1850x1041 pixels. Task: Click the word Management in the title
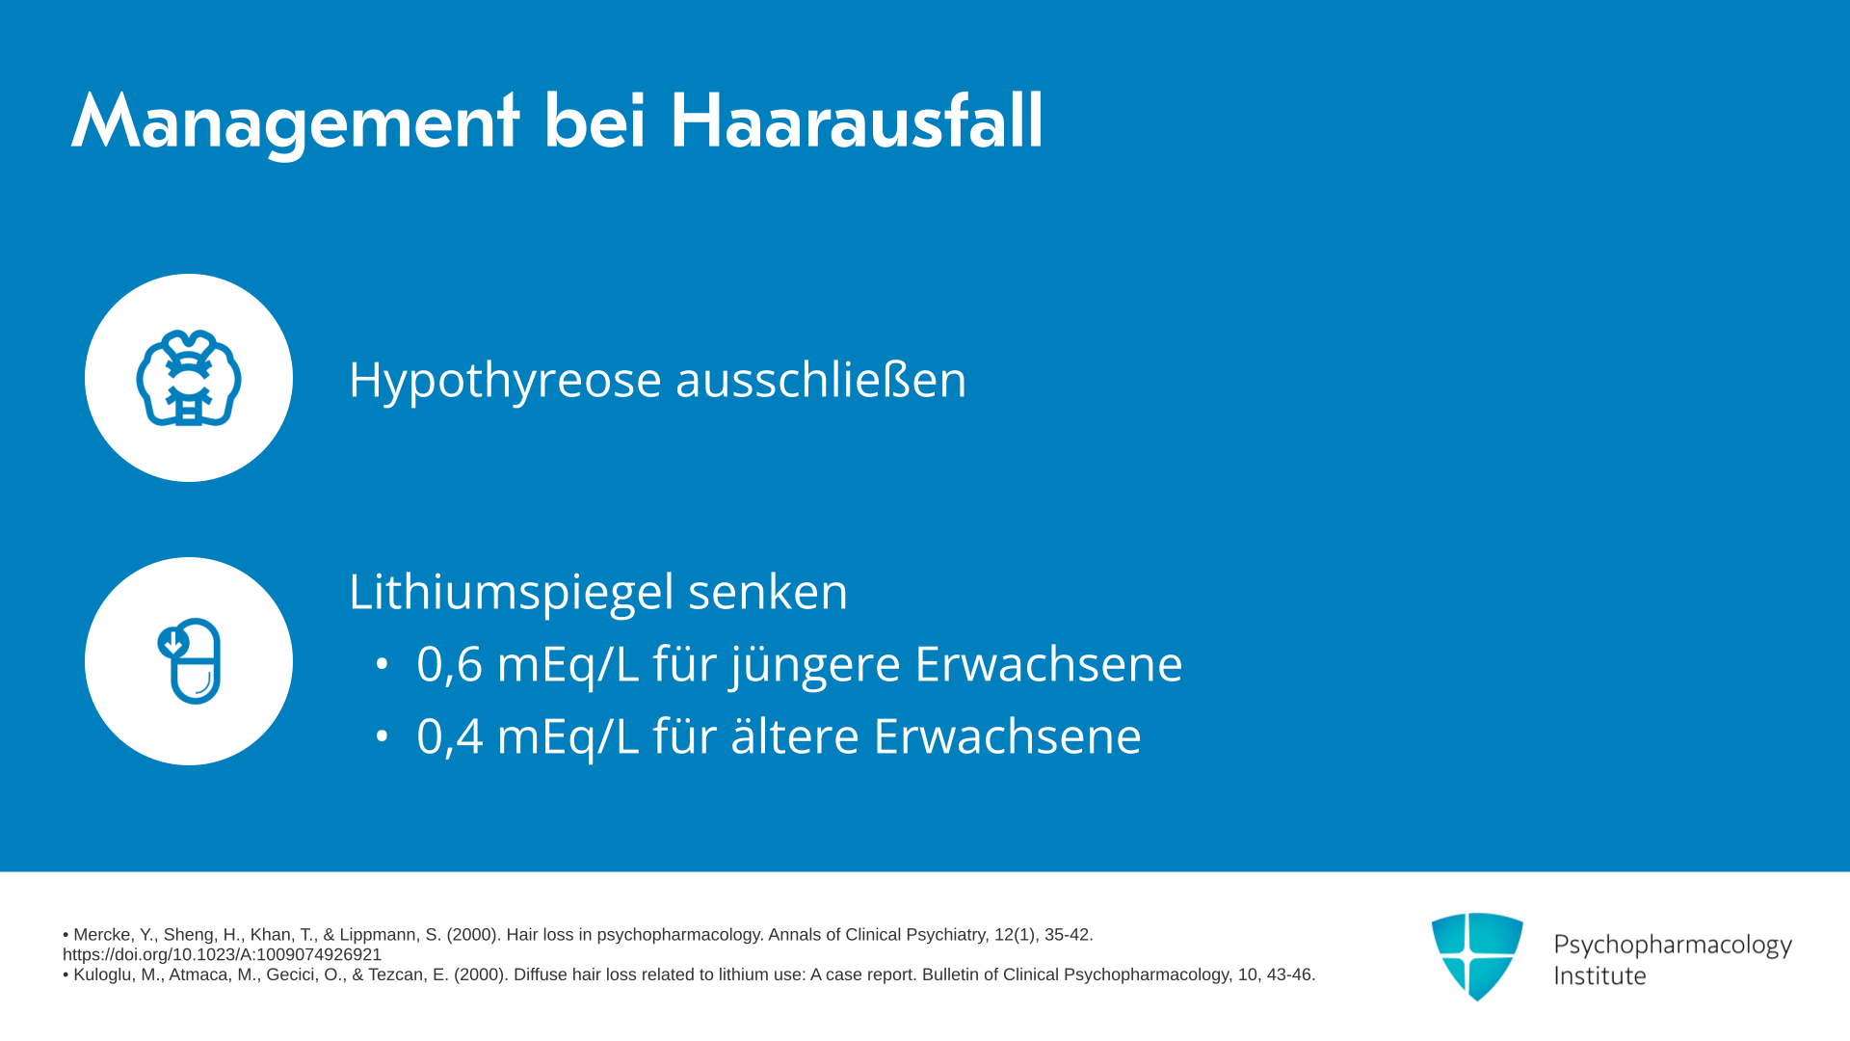click(x=296, y=122)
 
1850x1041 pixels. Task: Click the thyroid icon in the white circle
click(x=189, y=378)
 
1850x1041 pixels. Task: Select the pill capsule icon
click(x=190, y=661)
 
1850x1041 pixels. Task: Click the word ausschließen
click(x=821, y=378)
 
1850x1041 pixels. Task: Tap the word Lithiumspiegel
click(x=512, y=593)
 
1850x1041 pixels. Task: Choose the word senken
click(x=768, y=593)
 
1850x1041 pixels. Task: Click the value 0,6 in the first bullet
click(x=449, y=664)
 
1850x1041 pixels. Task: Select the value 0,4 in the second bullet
click(x=449, y=736)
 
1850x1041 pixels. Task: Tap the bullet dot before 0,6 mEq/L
click(x=383, y=664)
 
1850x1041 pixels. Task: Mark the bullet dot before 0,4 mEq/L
click(x=383, y=736)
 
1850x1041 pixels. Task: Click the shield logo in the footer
click(x=1477, y=956)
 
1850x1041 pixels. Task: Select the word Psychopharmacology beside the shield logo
click(x=1673, y=945)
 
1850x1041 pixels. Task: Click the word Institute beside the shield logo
click(x=1599, y=975)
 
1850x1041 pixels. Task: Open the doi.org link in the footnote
click(x=222, y=954)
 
